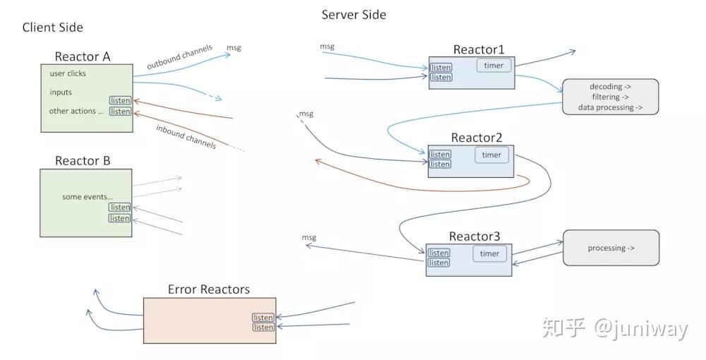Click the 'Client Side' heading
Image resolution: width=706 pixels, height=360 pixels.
(53, 28)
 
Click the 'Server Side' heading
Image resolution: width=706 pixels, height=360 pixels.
(354, 14)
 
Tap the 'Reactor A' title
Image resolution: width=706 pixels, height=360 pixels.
(83, 56)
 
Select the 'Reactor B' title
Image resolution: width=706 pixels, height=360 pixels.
(83, 161)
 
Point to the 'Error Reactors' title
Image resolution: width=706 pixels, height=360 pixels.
(208, 289)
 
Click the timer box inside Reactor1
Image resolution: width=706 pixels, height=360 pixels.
(494, 66)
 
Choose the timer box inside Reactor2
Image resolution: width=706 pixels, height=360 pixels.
(491, 155)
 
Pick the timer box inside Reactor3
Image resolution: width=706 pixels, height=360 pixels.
(489, 254)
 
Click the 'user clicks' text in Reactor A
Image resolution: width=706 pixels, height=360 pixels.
(68, 73)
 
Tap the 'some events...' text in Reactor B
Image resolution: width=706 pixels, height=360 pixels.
(87, 197)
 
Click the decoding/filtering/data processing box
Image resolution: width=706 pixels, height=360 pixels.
(610, 97)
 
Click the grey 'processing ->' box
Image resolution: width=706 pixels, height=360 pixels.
(610, 248)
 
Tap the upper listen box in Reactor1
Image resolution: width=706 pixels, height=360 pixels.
(441, 68)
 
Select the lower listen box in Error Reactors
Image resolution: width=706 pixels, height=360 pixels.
(263, 328)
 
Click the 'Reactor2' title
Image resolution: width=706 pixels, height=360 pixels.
(477, 138)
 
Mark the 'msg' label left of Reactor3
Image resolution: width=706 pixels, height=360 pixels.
(309, 238)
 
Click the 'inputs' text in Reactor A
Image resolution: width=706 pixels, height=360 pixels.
(61, 92)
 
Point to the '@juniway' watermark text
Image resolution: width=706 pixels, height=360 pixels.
(640, 328)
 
